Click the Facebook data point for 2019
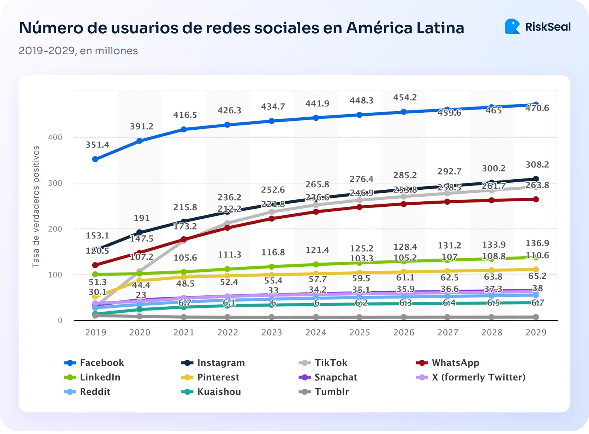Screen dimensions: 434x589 click(95, 159)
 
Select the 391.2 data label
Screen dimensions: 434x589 click(141, 127)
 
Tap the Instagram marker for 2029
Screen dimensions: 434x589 click(536, 179)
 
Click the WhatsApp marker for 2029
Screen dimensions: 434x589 click(536, 199)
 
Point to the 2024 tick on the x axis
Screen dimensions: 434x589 click(316, 333)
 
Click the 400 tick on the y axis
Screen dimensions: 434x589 click(55, 137)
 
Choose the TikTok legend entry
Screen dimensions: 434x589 click(324, 363)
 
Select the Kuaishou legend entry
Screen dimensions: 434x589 click(212, 392)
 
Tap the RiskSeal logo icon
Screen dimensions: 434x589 click(512, 27)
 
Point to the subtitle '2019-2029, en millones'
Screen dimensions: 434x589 click(78, 51)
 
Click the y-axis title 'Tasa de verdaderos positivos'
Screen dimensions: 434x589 click(36, 206)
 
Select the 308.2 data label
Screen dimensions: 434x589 click(537, 165)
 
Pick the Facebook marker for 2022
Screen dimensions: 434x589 click(227, 125)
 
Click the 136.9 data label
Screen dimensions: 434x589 click(537, 244)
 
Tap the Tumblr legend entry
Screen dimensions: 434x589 click(324, 392)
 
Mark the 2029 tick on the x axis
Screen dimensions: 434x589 click(536, 333)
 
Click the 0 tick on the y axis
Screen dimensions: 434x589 click(60, 321)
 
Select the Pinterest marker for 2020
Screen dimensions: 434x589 click(139, 280)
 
